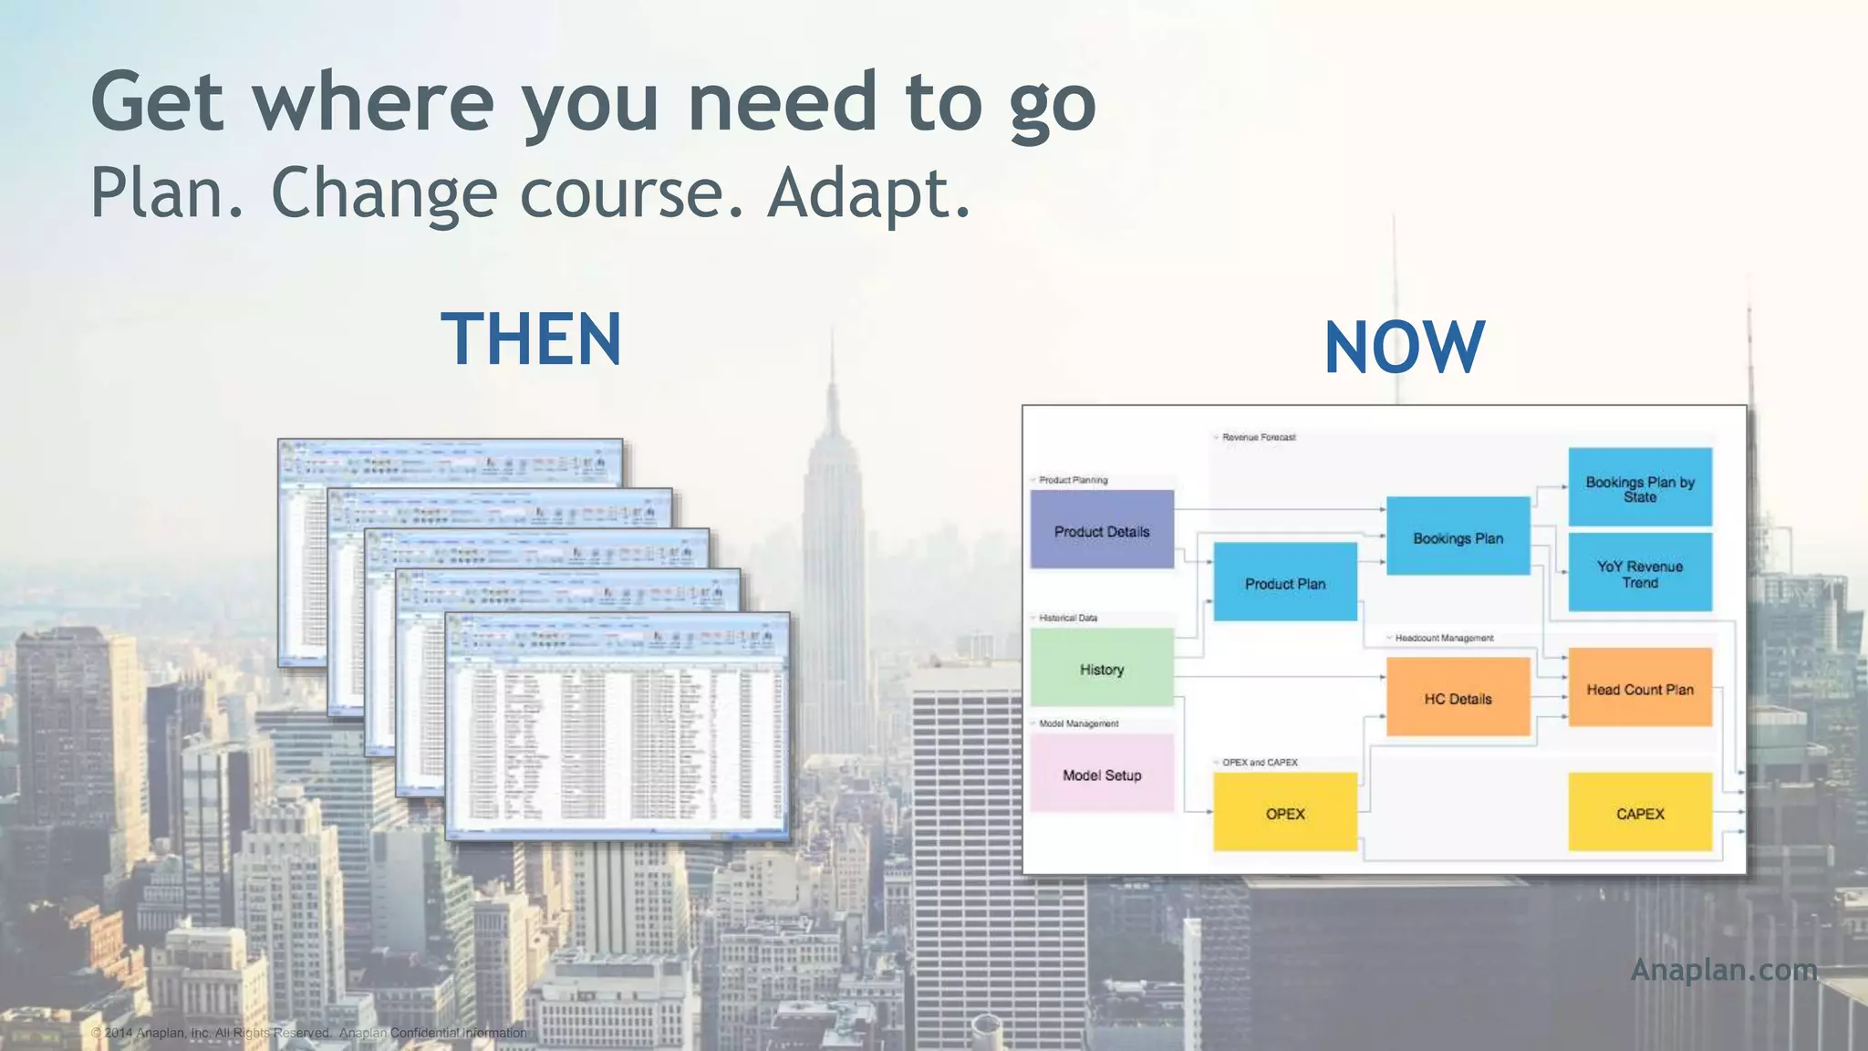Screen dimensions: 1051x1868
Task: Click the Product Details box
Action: (1102, 530)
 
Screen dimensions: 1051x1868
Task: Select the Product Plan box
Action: (1284, 582)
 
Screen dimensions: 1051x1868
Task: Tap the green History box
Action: (1102, 668)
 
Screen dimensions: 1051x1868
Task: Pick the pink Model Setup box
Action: (1102, 774)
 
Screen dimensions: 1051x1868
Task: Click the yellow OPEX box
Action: (1284, 812)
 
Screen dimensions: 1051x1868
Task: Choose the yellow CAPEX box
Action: (1639, 812)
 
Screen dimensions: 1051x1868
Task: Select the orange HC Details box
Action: (1458, 697)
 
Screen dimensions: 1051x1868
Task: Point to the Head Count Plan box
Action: (1639, 688)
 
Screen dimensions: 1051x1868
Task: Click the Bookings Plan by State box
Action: (1639, 487)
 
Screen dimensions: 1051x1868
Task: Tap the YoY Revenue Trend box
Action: (1639, 573)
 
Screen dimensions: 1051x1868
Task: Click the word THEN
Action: (531, 339)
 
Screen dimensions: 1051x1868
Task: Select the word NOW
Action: (1404, 348)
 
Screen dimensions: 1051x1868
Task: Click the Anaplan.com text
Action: (1723, 969)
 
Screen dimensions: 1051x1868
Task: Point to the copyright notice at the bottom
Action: (308, 1033)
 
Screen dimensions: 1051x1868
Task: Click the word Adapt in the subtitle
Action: (867, 193)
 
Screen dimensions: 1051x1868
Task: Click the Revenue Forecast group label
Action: (1258, 437)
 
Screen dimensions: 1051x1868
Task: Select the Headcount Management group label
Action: (1443, 638)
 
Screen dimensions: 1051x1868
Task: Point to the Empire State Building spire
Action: (832, 365)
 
